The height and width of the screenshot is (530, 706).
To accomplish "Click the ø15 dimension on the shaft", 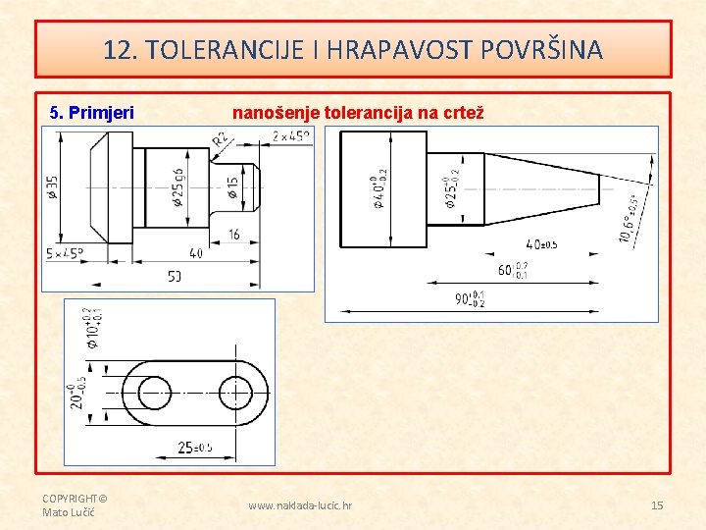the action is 233,187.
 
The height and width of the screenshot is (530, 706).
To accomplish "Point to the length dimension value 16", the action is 233,235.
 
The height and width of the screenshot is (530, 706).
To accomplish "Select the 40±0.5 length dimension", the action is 540,243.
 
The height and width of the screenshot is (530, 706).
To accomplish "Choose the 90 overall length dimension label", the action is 469,298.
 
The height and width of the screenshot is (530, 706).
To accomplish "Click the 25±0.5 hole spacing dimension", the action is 192,448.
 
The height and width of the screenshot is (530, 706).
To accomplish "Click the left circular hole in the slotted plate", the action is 154,394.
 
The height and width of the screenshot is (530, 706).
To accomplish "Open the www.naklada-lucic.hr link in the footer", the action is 300,505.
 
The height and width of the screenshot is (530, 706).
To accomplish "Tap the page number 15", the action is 657,505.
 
